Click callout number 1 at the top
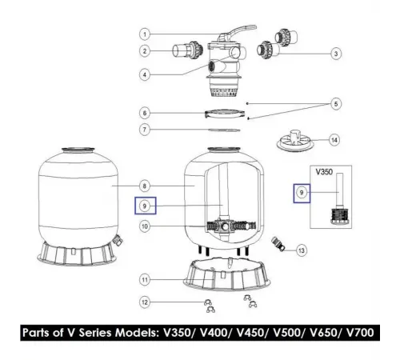146,34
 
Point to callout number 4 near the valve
146,75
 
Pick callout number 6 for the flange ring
146,113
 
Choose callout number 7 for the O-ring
146,130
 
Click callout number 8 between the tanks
145,184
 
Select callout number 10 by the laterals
145,226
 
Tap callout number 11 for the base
145,280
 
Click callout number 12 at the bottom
145,302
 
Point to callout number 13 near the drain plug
301,250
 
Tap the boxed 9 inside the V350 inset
302,192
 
